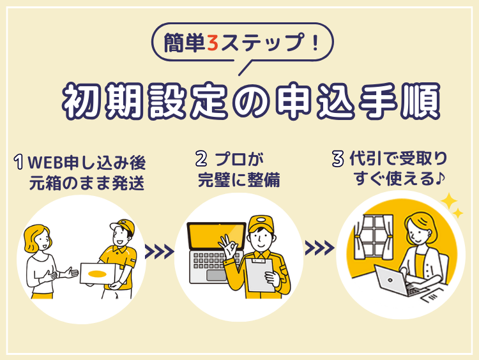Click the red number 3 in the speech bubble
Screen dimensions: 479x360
[213, 43]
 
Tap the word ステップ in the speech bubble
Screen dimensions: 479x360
[262, 43]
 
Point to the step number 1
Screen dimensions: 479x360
[19, 162]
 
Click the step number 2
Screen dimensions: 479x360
[201, 159]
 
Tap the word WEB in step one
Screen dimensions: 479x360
[45, 162]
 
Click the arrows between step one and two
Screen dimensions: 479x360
[159, 251]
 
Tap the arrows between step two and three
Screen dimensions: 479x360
[319, 248]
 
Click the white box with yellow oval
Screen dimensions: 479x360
[98, 274]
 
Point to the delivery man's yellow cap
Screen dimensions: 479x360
[123, 225]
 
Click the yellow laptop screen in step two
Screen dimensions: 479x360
[217, 236]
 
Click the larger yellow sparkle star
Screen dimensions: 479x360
[448, 202]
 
